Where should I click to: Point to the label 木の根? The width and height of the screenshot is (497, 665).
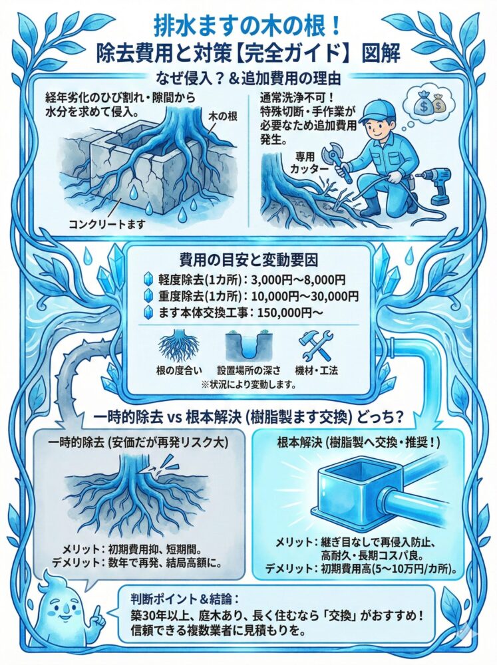(x=224, y=116)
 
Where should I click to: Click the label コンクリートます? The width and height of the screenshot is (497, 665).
(x=107, y=223)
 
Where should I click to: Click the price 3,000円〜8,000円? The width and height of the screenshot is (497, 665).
(x=298, y=279)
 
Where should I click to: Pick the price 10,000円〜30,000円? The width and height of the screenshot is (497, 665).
(x=305, y=296)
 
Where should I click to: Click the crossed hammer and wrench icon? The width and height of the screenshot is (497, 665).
(x=316, y=346)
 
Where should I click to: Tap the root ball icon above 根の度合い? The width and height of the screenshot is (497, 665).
(x=178, y=346)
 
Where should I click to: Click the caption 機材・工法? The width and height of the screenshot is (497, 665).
(x=316, y=370)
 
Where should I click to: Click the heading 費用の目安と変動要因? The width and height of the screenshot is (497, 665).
(x=249, y=259)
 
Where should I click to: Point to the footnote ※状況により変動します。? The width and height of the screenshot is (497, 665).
(x=248, y=384)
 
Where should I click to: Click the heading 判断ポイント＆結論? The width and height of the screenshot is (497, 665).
(x=184, y=599)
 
